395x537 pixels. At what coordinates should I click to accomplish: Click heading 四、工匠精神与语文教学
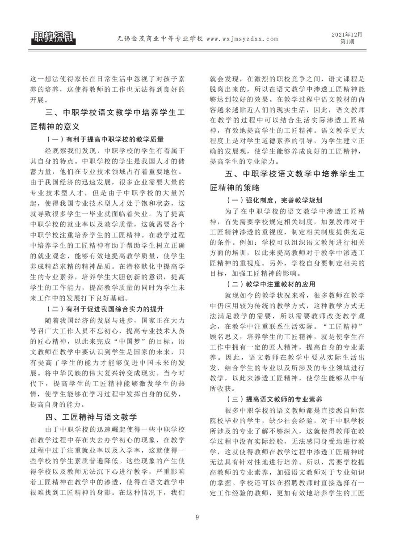(91, 417)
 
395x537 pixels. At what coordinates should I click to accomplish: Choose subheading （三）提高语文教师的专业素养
(275, 398)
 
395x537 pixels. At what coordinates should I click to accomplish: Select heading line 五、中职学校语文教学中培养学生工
(296, 173)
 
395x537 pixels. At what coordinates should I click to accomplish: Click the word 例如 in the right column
(245, 243)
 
